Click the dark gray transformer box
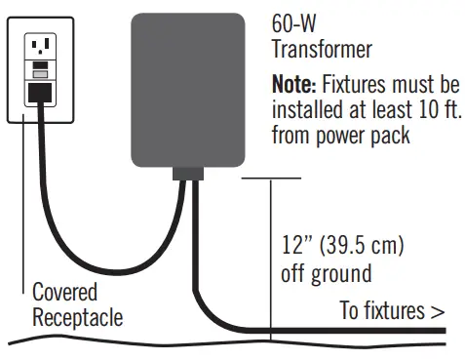click(186, 89)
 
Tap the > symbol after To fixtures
click(437, 311)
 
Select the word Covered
click(64, 292)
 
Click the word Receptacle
click(78, 318)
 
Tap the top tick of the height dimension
click(270, 178)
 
